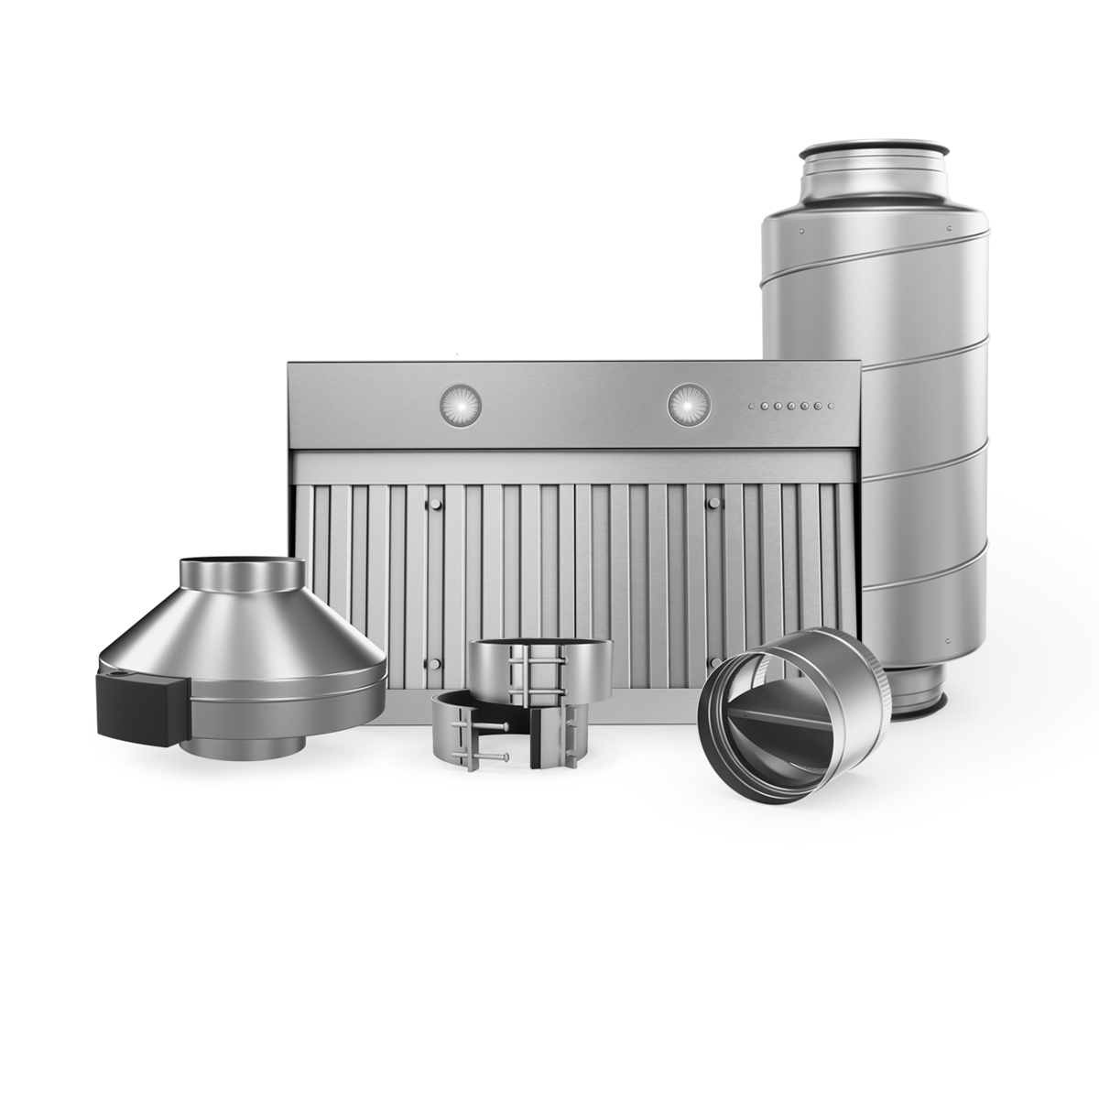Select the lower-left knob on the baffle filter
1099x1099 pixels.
[x=432, y=661]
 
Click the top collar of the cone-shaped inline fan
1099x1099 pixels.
[x=240, y=577]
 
